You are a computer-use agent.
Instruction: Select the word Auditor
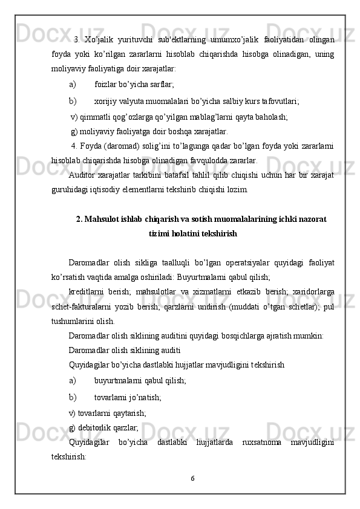[82, 175]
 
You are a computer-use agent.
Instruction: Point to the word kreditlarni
[86, 292]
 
